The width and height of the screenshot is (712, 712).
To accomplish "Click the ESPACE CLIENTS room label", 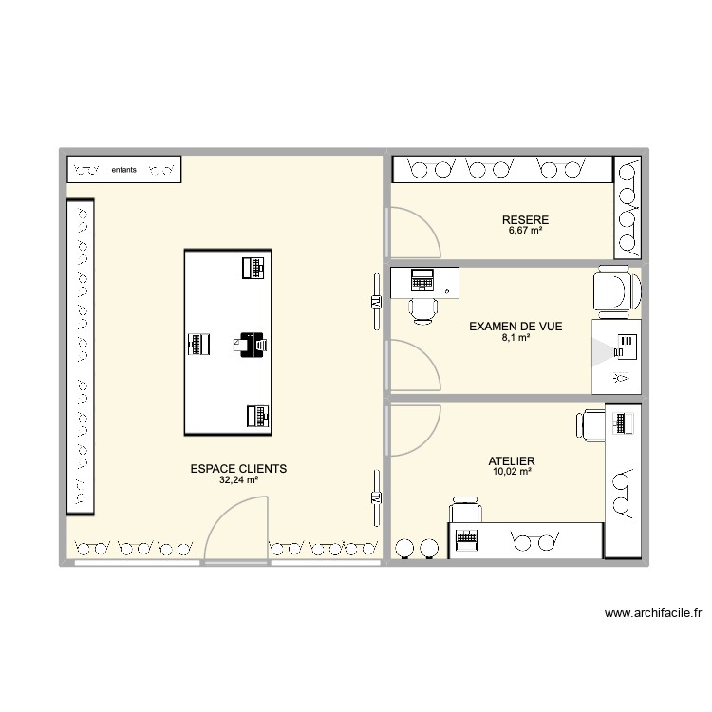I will tap(238, 469).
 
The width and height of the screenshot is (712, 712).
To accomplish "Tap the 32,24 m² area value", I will tap(238, 480).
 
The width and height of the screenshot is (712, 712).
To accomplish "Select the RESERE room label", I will tap(525, 220).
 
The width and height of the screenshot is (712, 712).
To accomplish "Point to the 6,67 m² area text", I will tap(525, 231).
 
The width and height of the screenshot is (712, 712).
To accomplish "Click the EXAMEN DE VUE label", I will tap(515, 327).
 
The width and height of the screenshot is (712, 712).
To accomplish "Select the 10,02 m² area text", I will tap(513, 470).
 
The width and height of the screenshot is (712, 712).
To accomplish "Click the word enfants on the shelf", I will tap(123, 170).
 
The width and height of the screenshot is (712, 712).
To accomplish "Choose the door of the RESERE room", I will tap(413, 231).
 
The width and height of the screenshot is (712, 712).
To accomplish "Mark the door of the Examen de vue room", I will tap(413, 365).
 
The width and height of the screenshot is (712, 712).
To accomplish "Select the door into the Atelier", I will tap(414, 429).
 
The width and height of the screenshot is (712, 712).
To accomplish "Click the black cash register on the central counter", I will tap(252, 344).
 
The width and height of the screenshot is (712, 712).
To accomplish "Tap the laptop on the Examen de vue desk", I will tap(422, 280).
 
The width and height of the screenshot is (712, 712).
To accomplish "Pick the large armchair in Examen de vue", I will tap(611, 290).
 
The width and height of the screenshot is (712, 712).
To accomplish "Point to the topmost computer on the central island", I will tap(253, 268).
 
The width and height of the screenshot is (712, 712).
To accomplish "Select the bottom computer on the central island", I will tap(256, 415).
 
